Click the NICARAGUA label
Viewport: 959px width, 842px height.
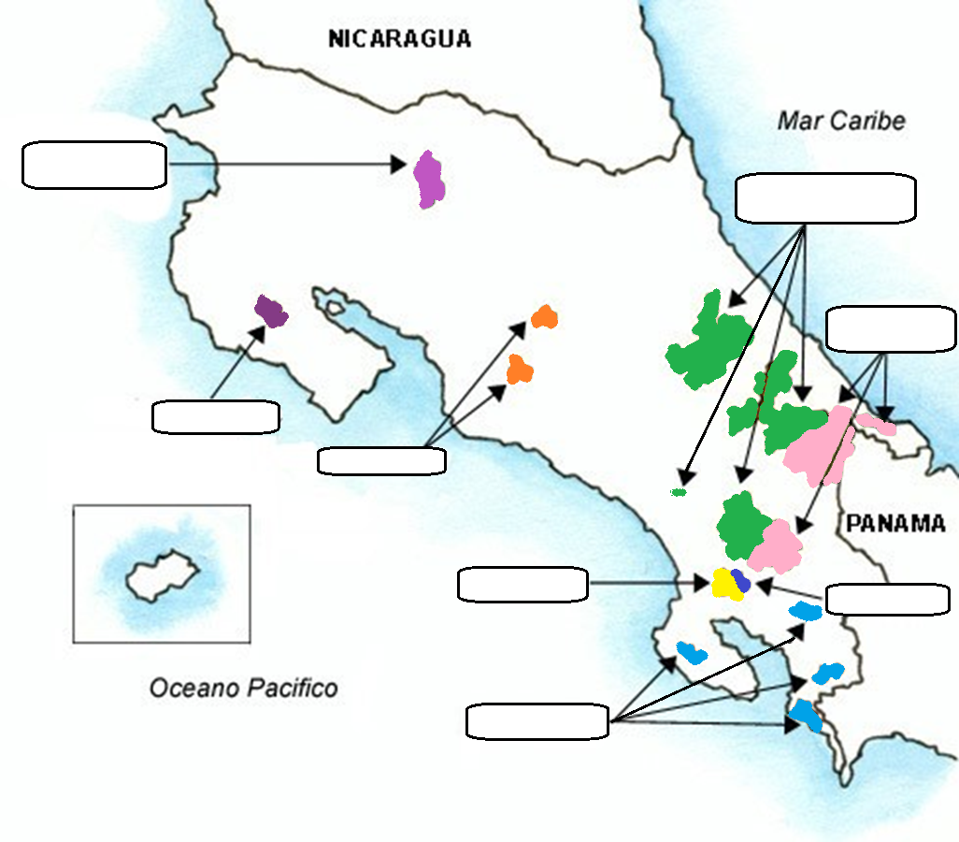point(399,38)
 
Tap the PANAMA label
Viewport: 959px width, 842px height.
point(895,524)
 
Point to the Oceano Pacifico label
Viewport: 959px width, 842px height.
point(244,689)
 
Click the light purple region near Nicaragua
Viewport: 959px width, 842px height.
point(429,179)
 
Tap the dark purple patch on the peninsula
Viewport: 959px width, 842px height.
point(271,311)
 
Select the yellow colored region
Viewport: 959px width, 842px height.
point(724,585)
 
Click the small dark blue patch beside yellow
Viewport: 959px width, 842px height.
point(741,580)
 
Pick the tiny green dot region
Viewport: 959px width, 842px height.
point(680,491)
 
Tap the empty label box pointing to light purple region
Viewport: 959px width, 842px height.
point(93,166)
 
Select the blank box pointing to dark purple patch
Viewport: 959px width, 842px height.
point(215,416)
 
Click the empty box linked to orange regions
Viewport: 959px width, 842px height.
point(381,460)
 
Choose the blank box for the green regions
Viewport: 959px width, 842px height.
point(825,198)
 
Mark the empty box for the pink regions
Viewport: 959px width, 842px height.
point(891,329)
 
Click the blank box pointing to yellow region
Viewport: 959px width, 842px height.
point(522,585)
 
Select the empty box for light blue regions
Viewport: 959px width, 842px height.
point(537,722)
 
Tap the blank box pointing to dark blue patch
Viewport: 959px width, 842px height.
point(888,600)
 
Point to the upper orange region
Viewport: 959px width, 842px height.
point(544,317)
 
